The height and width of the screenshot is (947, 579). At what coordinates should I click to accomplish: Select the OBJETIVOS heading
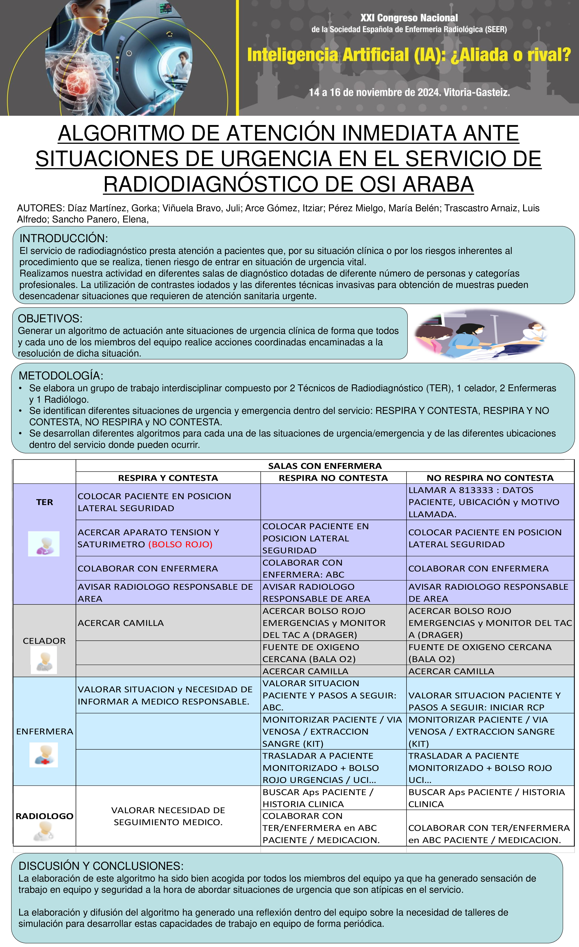point(50,319)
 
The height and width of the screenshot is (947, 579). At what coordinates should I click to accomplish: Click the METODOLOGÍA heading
point(61,376)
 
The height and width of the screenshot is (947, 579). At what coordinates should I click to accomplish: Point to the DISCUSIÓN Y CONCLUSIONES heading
point(101,866)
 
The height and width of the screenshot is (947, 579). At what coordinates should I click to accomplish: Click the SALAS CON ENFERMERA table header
point(325,466)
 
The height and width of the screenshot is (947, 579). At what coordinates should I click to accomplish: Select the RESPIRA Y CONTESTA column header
point(168,478)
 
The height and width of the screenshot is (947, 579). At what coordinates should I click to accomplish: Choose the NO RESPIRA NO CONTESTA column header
point(490,478)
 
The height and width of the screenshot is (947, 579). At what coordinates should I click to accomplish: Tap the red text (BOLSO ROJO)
point(180,544)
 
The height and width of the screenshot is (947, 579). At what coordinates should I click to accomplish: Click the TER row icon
point(44,544)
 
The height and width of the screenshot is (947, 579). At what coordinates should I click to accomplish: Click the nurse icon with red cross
point(44,755)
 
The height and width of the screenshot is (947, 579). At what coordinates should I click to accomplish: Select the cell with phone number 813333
point(490,502)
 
